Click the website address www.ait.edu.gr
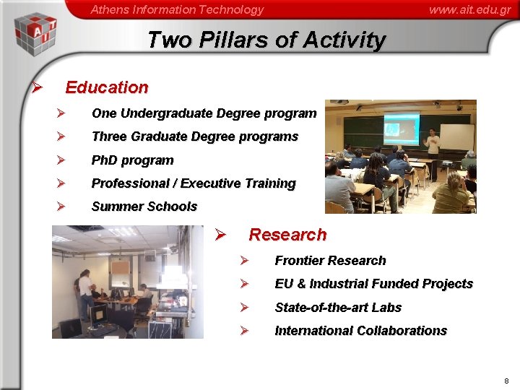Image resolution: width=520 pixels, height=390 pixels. point(469,9)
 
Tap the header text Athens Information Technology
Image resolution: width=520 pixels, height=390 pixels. point(177,9)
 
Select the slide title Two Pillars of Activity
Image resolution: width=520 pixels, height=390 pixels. point(266,40)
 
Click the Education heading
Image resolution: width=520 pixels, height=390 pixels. point(107,87)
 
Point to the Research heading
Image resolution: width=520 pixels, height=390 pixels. point(287,235)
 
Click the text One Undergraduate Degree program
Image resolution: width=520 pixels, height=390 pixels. point(204,113)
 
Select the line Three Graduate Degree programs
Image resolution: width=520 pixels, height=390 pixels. point(194,136)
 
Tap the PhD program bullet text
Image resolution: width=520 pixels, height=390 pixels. point(132,160)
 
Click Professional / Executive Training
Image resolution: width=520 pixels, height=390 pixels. point(194,183)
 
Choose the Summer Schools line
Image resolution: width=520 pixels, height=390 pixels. point(144,207)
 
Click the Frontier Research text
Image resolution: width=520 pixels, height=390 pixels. point(330,261)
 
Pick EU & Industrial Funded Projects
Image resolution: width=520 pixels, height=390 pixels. point(373,284)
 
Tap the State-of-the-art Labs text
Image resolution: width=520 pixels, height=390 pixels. point(338,308)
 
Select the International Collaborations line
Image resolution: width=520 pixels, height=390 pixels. point(360,331)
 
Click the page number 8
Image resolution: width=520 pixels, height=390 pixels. point(506,381)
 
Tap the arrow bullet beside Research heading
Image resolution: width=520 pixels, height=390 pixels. point(222,235)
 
